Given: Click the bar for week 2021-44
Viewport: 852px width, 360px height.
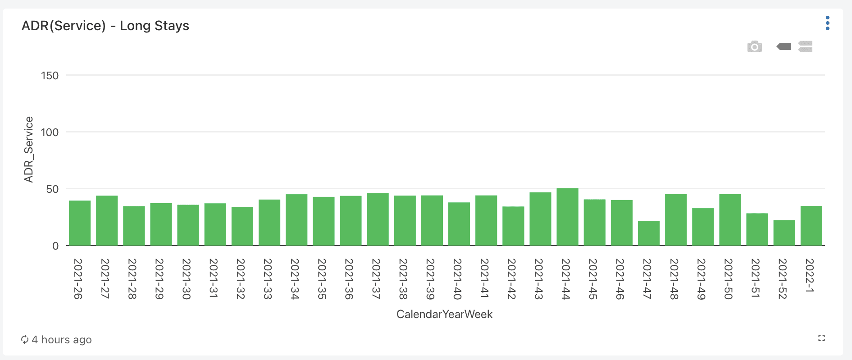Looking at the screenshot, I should pyautogui.click(x=567, y=217).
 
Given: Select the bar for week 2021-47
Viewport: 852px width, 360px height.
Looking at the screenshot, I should pyautogui.click(x=648, y=233).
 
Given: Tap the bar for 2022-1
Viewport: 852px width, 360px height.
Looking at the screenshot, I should pyautogui.click(x=811, y=225).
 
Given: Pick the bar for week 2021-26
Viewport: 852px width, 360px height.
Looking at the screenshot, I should pyautogui.click(x=80, y=223).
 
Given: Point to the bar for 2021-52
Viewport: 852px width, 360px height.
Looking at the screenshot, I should pyautogui.click(x=784, y=232).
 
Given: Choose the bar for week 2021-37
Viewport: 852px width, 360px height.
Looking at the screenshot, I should pyautogui.click(x=378, y=219).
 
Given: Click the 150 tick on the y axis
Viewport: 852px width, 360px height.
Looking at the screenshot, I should pyautogui.click(x=50, y=76).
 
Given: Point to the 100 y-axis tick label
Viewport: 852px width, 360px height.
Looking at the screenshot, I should pyautogui.click(x=50, y=132).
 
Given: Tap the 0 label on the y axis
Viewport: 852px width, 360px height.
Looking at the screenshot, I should pyautogui.click(x=55, y=246).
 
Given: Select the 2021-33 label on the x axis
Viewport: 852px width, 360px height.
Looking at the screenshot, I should pyautogui.click(x=268, y=279).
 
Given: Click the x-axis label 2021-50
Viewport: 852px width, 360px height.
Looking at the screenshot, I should pyautogui.click(x=728, y=279).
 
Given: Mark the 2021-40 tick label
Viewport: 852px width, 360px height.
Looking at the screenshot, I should pyautogui.click(x=457, y=279).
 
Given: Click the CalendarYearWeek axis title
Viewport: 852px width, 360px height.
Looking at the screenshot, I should pyautogui.click(x=444, y=314).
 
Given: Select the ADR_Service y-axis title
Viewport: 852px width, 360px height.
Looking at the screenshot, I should pyautogui.click(x=29, y=150).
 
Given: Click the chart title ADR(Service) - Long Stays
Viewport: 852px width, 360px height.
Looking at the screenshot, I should pyautogui.click(x=105, y=26).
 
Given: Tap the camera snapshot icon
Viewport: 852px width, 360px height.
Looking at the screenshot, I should pyautogui.click(x=754, y=47).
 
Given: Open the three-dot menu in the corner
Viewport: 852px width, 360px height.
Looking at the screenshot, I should pyautogui.click(x=827, y=23).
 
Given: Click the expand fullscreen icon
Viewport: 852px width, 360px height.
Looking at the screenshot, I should pyautogui.click(x=821, y=338).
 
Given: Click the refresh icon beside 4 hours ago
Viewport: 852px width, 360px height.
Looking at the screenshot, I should pyautogui.click(x=25, y=339).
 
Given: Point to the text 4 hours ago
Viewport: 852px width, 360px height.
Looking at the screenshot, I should pyautogui.click(x=62, y=340).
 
